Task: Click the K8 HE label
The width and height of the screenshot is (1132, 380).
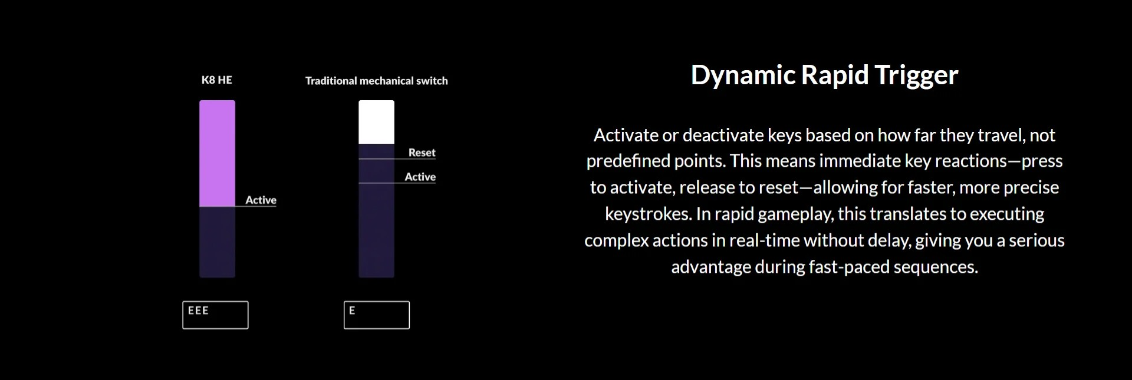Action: point(217,80)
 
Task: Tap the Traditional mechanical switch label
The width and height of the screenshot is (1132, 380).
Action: point(376,81)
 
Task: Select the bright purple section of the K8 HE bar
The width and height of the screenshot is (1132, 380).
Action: point(217,153)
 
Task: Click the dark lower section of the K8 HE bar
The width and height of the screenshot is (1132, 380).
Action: point(217,242)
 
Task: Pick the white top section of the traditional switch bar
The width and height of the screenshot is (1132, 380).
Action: point(376,122)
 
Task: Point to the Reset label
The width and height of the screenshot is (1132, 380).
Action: point(422,153)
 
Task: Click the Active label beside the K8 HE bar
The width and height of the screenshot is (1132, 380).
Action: point(261,200)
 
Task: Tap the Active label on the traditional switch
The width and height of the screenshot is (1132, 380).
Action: point(420,177)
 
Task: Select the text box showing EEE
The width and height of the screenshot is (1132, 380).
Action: point(215,315)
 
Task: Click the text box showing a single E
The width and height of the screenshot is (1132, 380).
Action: point(377,315)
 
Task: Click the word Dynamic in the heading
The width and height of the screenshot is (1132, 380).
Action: point(743,75)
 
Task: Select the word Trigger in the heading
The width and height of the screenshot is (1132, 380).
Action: point(917,75)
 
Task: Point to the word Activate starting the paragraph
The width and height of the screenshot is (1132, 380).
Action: point(625,136)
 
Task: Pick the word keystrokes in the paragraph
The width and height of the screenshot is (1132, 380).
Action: point(648,214)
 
